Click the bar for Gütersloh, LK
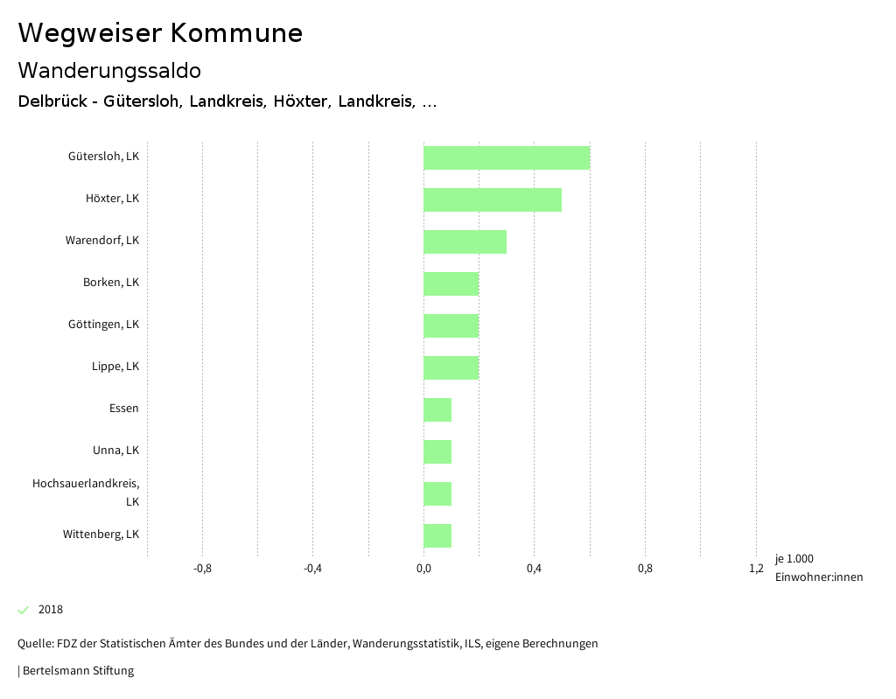click(x=506, y=157)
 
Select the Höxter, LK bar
click(x=492, y=199)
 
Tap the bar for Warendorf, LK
click(x=465, y=241)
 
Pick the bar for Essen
click(x=437, y=409)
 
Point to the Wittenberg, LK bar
click(x=437, y=535)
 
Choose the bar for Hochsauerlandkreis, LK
click(x=437, y=493)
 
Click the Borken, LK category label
click(x=111, y=283)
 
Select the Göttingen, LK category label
click(x=103, y=325)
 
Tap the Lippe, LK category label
click(x=115, y=367)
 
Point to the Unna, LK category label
click(x=115, y=451)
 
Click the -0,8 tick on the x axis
click(x=202, y=569)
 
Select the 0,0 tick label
click(x=423, y=569)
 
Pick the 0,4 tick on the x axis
click(x=534, y=569)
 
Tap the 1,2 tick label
click(x=756, y=569)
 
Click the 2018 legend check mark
click(x=24, y=610)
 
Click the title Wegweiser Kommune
click(x=160, y=33)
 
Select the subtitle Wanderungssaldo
click(x=109, y=71)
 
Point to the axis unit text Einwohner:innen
click(x=818, y=577)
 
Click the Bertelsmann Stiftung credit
click(x=78, y=671)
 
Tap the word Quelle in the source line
click(x=34, y=644)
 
